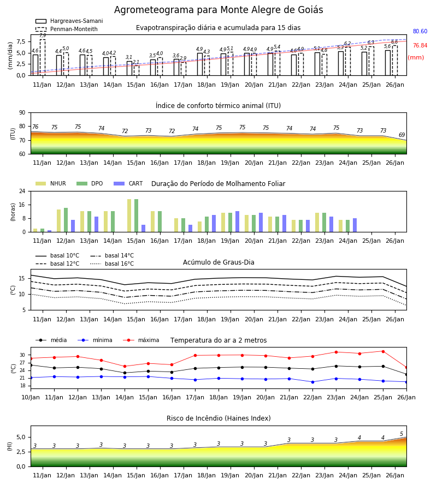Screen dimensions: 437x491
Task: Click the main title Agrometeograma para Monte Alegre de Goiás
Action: (x=218, y=10)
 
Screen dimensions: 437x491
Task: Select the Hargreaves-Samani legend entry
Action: (x=69, y=21)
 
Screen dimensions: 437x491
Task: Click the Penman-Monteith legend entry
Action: (x=67, y=29)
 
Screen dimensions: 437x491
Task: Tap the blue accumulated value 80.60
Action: (x=420, y=31)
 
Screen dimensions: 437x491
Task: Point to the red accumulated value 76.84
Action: (x=420, y=46)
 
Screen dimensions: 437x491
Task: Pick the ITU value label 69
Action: (x=401, y=135)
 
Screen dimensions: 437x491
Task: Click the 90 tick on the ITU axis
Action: (x=22, y=113)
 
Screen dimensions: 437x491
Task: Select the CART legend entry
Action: (x=128, y=183)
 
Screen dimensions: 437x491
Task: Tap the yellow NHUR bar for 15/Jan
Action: (x=129, y=215)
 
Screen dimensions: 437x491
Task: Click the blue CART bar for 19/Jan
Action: (x=237, y=221)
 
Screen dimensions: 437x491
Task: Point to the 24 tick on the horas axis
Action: (x=22, y=191)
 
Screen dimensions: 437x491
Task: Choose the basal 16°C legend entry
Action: (x=112, y=264)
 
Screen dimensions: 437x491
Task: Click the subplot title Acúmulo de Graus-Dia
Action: (x=218, y=262)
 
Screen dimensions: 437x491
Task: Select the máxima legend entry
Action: (x=141, y=340)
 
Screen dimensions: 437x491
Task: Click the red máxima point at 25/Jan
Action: (x=383, y=351)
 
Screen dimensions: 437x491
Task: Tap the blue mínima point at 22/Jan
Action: (x=312, y=382)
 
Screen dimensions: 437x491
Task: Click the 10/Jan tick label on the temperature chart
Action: (x=31, y=397)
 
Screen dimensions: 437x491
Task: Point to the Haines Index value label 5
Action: (x=401, y=434)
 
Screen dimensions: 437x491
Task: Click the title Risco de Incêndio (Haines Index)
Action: (x=218, y=418)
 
